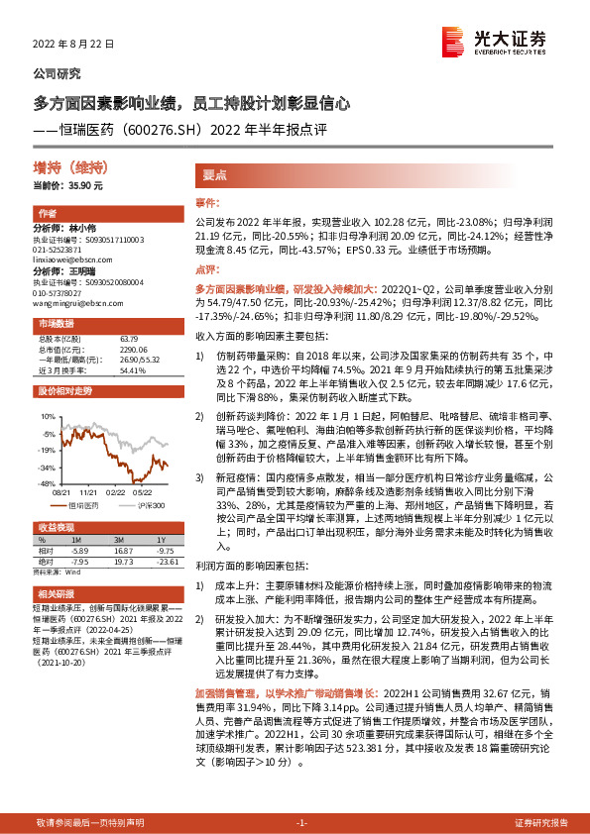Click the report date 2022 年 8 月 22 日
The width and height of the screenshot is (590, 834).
75,45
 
